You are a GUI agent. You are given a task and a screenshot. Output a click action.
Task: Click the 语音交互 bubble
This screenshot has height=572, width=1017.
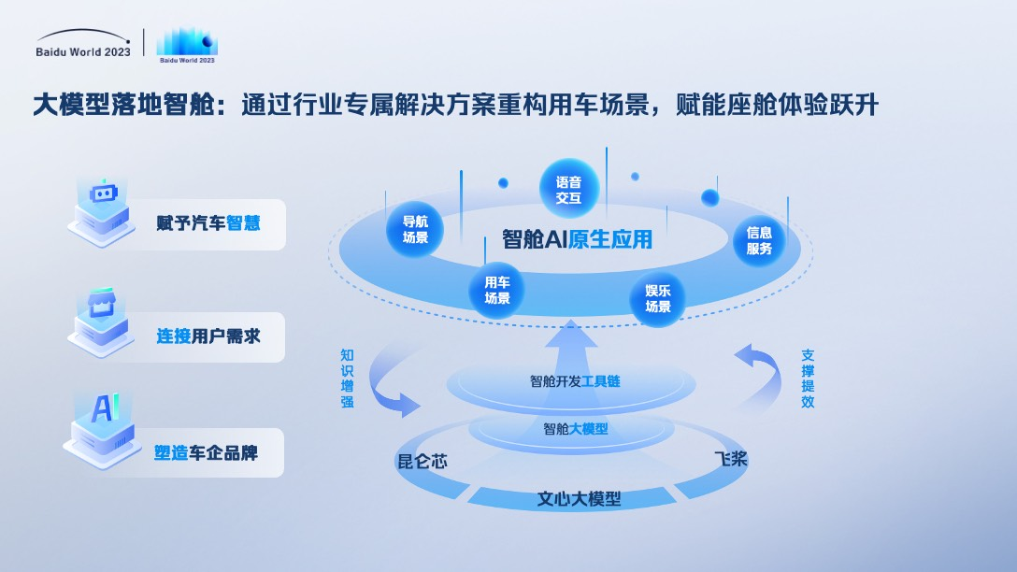point(568,190)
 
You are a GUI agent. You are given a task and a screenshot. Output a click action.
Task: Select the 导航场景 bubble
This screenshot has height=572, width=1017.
point(415,229)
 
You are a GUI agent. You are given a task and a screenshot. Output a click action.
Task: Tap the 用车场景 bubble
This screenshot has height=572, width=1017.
point(496,290)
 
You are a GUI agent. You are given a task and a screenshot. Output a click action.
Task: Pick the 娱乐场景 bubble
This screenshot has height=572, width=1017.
point(658,298)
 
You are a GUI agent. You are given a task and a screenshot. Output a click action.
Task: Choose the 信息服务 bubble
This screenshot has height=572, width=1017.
point(759,241)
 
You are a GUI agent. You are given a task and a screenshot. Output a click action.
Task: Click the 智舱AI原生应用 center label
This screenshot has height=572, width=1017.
point(576,239)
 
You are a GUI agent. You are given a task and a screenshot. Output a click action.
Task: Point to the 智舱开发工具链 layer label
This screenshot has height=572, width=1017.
point(575,381)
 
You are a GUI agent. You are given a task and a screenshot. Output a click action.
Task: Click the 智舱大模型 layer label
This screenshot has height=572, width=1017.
point(575,429)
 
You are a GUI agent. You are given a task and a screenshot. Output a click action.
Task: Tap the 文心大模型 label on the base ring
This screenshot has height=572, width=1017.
point(579,498)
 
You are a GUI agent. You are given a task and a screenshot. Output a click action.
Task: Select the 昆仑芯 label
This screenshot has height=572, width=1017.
point(422,461)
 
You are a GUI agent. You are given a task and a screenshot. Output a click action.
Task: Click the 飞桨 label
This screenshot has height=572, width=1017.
point(731,459)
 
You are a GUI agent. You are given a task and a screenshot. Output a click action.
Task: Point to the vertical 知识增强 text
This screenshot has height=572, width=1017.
point(347,379)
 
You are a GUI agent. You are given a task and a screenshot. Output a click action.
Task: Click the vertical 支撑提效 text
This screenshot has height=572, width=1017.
point(808,379)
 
